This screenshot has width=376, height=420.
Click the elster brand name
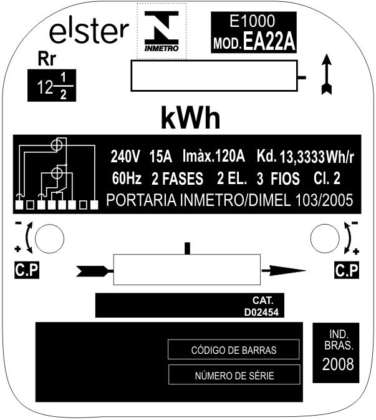coord(89,32)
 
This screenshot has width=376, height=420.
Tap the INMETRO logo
coord(161,31)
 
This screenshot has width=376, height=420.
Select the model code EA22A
coord(269,41)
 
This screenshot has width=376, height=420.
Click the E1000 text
coord(252,21)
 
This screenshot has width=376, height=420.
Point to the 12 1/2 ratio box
coord(52,85)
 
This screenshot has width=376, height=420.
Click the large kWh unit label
coord(191,118)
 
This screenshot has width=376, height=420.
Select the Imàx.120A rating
coord(213,155)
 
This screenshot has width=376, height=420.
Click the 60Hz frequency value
coord(127,178)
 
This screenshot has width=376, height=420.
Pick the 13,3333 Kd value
coord(302,157)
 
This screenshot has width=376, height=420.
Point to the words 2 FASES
coord(177,178)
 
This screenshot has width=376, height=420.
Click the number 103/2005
coord(324,200)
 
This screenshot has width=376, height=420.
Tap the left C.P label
coord(27,270)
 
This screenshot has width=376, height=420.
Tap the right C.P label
coord(347,271)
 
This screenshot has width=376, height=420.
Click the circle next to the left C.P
coord(49,238)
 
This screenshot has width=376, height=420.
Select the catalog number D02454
coord(261,312)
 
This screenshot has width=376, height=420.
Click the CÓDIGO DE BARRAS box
coord(234,349)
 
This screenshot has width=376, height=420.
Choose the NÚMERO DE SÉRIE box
coord(234,374)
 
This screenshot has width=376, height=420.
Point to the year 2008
coord(338,364)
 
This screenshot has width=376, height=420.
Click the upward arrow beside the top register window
coord(327,74)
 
